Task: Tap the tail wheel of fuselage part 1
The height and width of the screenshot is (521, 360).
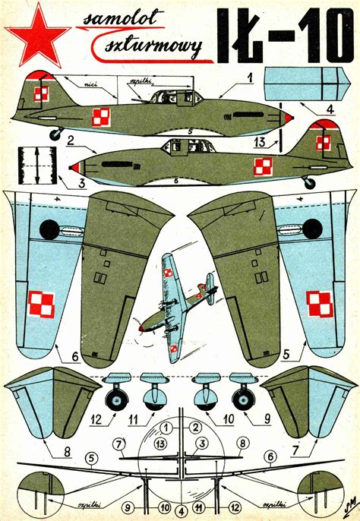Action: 55,134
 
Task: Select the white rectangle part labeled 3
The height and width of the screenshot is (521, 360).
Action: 36,165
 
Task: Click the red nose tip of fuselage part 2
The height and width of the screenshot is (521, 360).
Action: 74,166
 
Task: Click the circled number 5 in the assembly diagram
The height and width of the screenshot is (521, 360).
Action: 92,458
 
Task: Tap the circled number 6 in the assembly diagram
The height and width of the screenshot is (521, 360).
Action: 269,457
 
